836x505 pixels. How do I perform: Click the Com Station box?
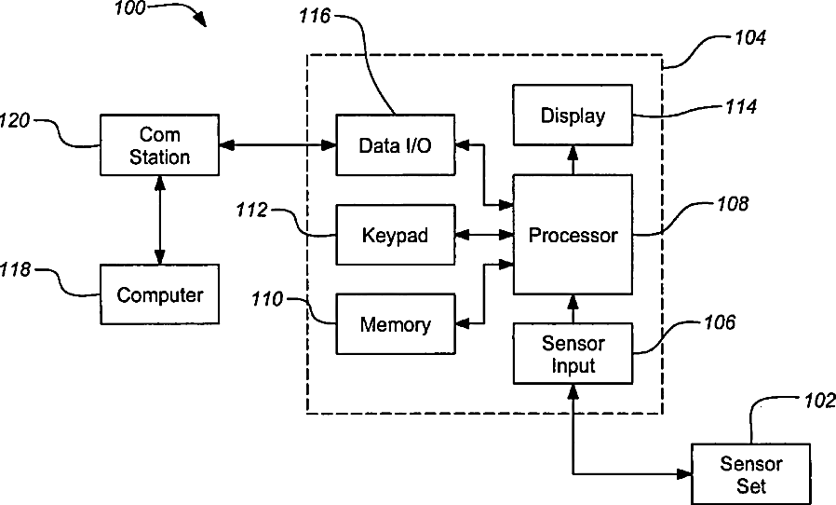(159, 144)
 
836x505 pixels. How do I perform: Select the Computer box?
(159, 294)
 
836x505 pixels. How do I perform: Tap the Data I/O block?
(396, 144)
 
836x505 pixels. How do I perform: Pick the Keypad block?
(396, 235)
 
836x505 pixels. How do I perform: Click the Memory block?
(396, 323)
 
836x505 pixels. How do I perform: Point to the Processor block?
(573, 235)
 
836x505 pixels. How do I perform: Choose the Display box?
(573, 115)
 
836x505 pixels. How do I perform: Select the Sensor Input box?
(573, 353)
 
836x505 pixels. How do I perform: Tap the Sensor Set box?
(751, 474)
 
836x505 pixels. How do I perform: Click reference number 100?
(130, 8)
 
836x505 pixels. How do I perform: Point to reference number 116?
(315, 16)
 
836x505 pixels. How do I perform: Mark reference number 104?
(750, 37)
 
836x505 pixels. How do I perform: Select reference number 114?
(741, 107)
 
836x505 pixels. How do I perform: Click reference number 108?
(733, 203)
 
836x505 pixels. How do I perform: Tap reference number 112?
(251, 210)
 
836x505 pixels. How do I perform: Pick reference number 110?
(266, 299)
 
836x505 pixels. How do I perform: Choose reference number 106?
(720, 322)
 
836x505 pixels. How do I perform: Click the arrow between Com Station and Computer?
(159, 220)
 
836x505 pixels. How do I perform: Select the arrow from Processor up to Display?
(573, 160)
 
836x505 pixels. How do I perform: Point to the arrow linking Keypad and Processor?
(484, 235)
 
